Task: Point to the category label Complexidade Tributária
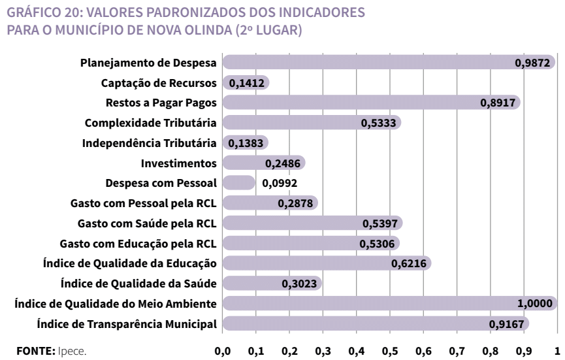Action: point(152,123)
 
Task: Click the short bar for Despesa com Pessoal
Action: point(238,183)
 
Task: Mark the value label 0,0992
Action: point(279,183)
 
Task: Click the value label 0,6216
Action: point(408,263)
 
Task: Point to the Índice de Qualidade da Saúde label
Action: point(139,284)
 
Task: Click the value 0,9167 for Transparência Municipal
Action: point(507,323)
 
